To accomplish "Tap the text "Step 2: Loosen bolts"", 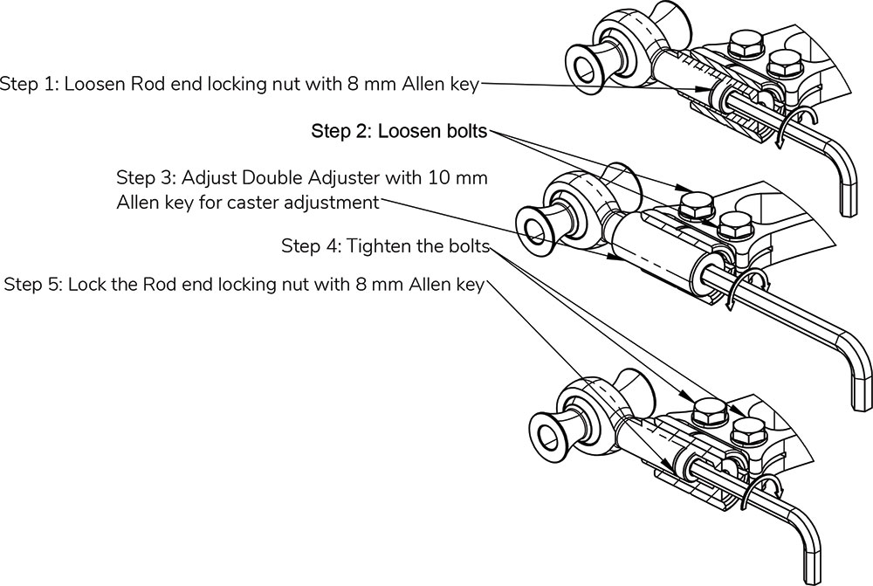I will pos(401,132).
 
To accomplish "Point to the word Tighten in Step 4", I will pos(375,246).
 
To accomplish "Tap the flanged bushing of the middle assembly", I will pos(534,226).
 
